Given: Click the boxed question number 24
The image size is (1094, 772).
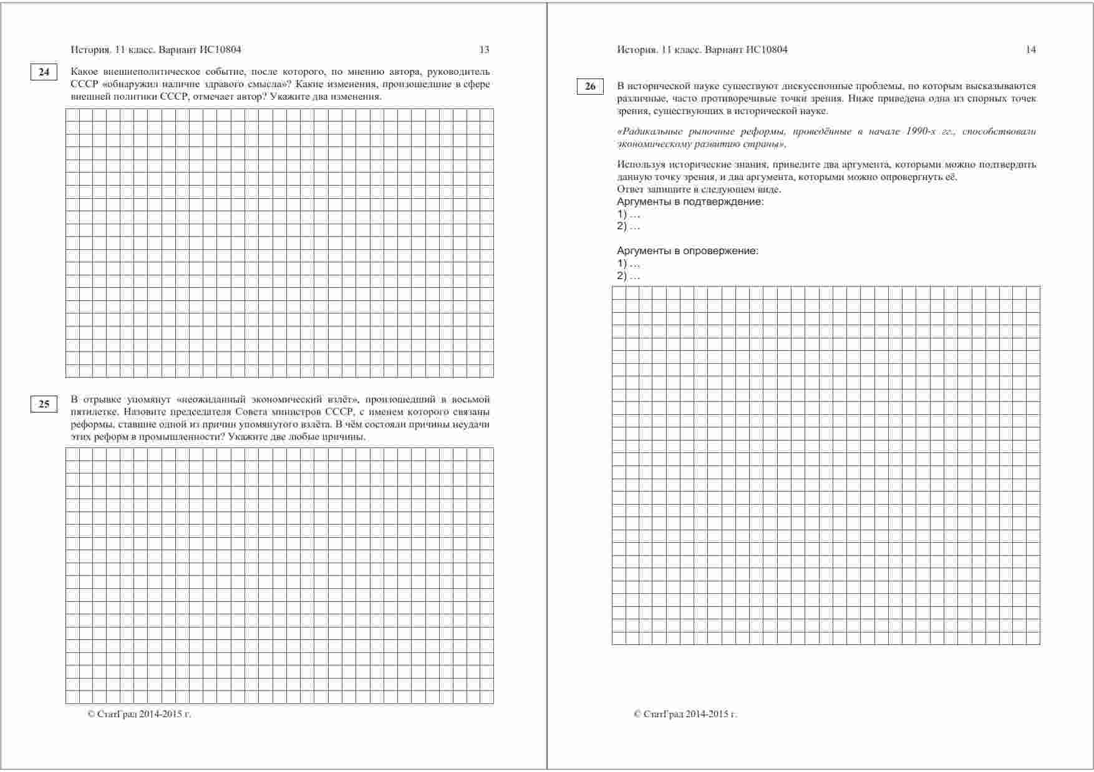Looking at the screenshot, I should [44, 72].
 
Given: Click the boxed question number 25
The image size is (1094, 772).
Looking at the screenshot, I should [44, 404].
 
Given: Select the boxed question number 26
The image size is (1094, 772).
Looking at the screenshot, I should [590, 87].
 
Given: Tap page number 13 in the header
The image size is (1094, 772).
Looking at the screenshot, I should [484, 50].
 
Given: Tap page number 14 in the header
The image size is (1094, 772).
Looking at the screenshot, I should [1030, 50].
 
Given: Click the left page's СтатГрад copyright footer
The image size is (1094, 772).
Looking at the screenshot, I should [139, 714].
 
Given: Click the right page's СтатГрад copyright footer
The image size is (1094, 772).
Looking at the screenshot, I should [685, 714].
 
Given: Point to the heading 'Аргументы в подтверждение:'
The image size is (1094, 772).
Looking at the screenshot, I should [690, 202].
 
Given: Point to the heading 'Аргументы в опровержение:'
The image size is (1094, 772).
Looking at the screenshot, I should [687, 251].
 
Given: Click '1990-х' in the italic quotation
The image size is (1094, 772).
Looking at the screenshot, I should [921, 131].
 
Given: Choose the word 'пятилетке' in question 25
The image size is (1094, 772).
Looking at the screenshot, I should [94, 412].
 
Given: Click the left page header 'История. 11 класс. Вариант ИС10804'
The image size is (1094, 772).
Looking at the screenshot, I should [156, 50].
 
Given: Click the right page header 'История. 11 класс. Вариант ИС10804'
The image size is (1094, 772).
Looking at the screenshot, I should [702, 50].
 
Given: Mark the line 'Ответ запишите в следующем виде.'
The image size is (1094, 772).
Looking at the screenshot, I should [699, 189].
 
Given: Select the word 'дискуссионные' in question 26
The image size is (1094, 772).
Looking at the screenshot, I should [795, 86].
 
